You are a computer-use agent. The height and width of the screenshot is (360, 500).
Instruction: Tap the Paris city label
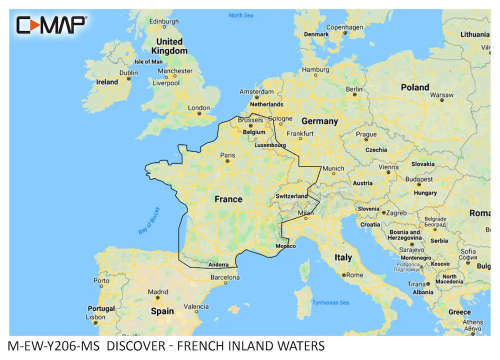tap(227, 154)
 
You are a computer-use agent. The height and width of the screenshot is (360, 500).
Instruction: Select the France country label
tap(228, 199)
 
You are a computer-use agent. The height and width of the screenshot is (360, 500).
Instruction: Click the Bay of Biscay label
tap(148, 220)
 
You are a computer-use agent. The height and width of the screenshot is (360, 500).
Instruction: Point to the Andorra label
tap(218, 265)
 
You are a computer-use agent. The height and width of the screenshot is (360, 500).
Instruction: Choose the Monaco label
tap(285, 246)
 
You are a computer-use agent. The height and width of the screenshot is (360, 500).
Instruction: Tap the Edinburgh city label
tap(164, 21)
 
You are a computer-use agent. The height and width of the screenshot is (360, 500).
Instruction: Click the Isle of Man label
tap(148, 61)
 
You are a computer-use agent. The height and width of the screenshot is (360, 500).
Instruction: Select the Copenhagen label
tap(344, 27)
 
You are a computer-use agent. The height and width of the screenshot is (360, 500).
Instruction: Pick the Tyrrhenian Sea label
tap(330, 302)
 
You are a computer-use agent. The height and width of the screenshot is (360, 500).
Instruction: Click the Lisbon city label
tap(95, 317)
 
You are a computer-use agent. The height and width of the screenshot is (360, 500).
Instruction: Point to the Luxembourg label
tap(270, 145)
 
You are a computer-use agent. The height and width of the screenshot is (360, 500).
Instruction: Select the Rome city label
tap(354, 275)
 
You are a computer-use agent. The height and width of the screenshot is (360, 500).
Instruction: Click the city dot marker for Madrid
tap(157, 298)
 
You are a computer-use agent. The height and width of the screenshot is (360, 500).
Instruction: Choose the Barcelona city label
tap(225, 277)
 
